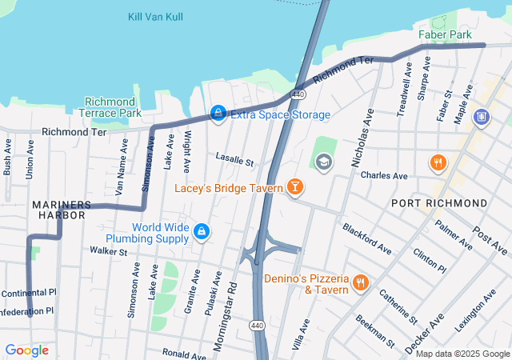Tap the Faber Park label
tap(445, 34)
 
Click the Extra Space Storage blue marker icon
tap(218, 114)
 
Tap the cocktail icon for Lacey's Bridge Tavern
tap(295, 188)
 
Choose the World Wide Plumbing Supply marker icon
tap(202, 232)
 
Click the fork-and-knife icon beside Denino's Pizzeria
tap(361, 284)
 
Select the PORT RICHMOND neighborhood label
tap(439, 203)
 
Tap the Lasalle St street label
tap(234, 162)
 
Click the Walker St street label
tap(108, 251)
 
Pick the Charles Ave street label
tap(384, 175)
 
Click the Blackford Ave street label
tap(366, 238)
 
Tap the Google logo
tap(26, 350)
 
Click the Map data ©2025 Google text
tap(462, 354)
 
